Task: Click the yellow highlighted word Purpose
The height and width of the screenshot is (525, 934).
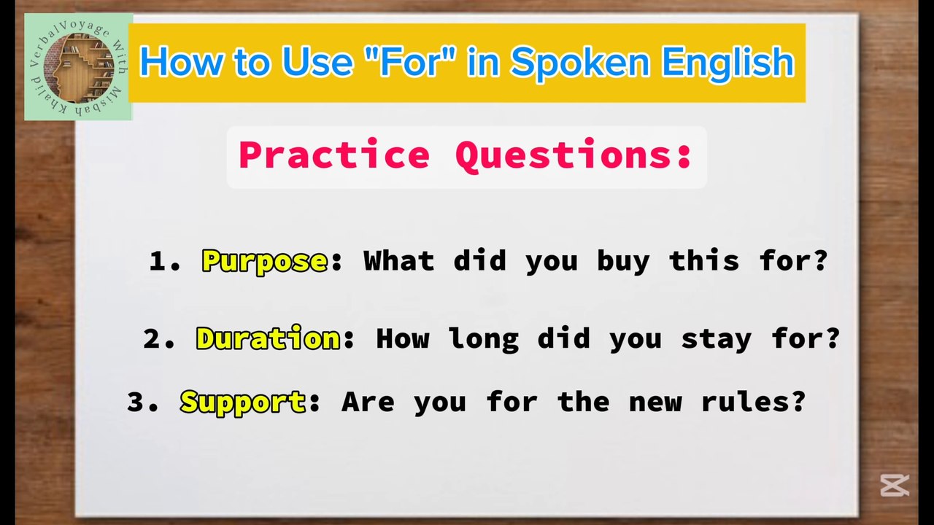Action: click(x=264, y=261)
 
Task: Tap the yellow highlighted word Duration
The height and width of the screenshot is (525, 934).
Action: click(x=268, y=339)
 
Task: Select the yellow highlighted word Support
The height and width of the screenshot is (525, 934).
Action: click(x=243, y=402)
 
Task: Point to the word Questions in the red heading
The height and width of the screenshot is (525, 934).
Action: click(x=574, y=155)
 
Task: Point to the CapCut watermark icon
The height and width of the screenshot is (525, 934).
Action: click(x=894, y=485)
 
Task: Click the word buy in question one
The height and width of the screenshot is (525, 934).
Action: click(x=622, y=261)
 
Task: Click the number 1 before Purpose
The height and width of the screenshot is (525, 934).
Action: click(x=157, y=261)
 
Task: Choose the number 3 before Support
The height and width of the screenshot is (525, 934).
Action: click(x=136, y=402)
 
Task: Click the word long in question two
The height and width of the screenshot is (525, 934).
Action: click(x=483, y=339)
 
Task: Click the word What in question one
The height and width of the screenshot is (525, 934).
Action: click(x=398, y=261)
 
